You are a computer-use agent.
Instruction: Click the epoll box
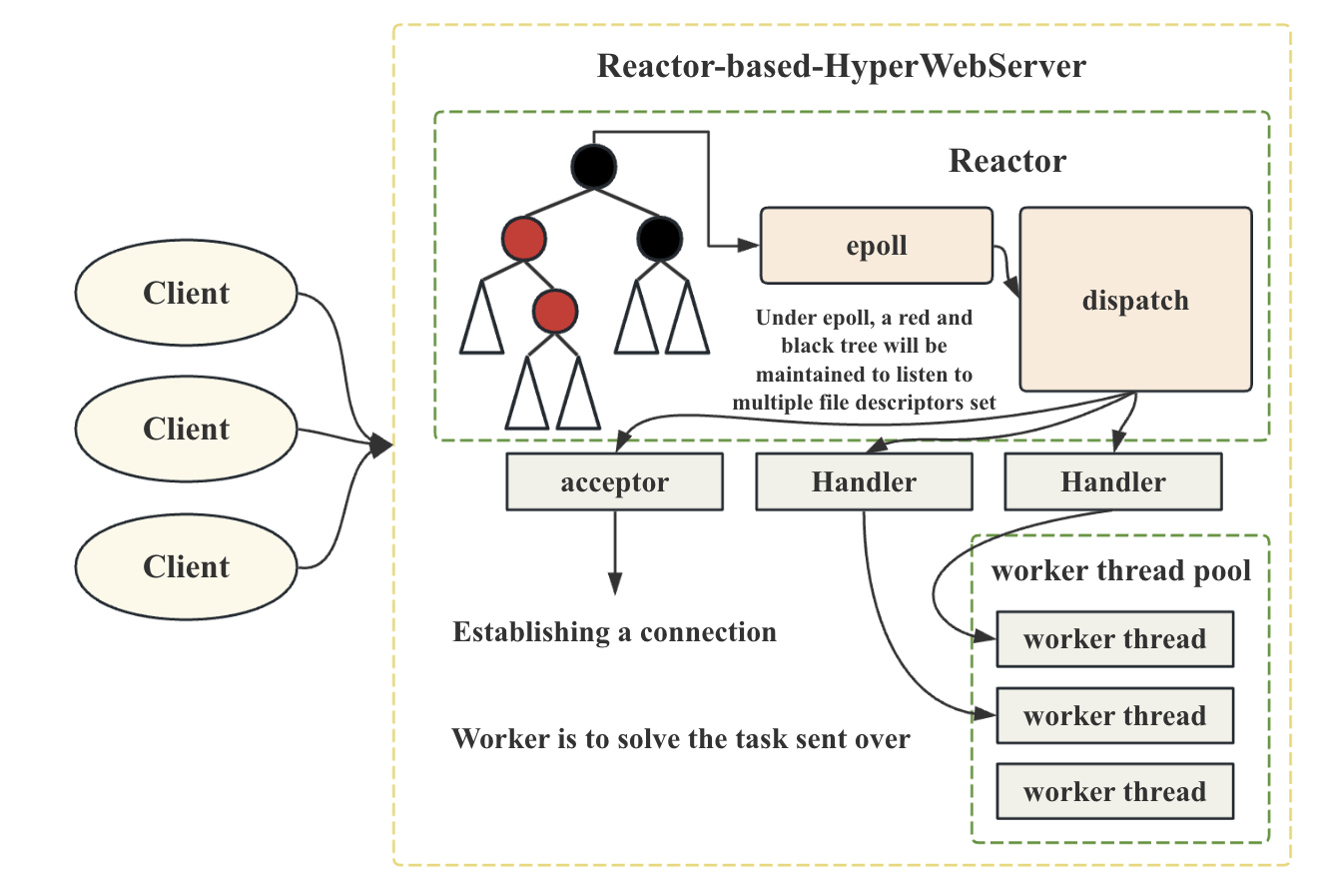coord(876,246)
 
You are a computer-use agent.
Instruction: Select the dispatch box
coord(1135,300)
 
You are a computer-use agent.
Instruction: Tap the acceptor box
coord(615,481)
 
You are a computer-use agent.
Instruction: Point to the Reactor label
coord(1007,161)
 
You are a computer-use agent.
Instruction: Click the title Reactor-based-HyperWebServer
coord(841,66)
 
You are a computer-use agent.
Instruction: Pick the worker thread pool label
coord(1120,571)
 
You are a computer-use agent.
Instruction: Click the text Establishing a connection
coord(615,632)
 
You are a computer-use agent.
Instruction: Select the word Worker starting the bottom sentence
coord(500,738)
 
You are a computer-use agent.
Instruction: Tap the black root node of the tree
coord(593,167)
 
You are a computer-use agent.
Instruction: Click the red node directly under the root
coord(523,239)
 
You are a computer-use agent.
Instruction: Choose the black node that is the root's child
coord(660,239)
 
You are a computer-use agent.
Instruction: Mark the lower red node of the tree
coord(555,311)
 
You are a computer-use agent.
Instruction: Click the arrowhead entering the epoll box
coord(749,245)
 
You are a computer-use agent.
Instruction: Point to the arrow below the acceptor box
coord(615,552)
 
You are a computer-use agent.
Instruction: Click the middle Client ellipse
coord(186,429)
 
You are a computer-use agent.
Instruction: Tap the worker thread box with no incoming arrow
coord(1114,791)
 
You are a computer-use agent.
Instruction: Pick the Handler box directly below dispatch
coord(1113,481)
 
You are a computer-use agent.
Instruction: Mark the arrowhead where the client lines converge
coord(381,444)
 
